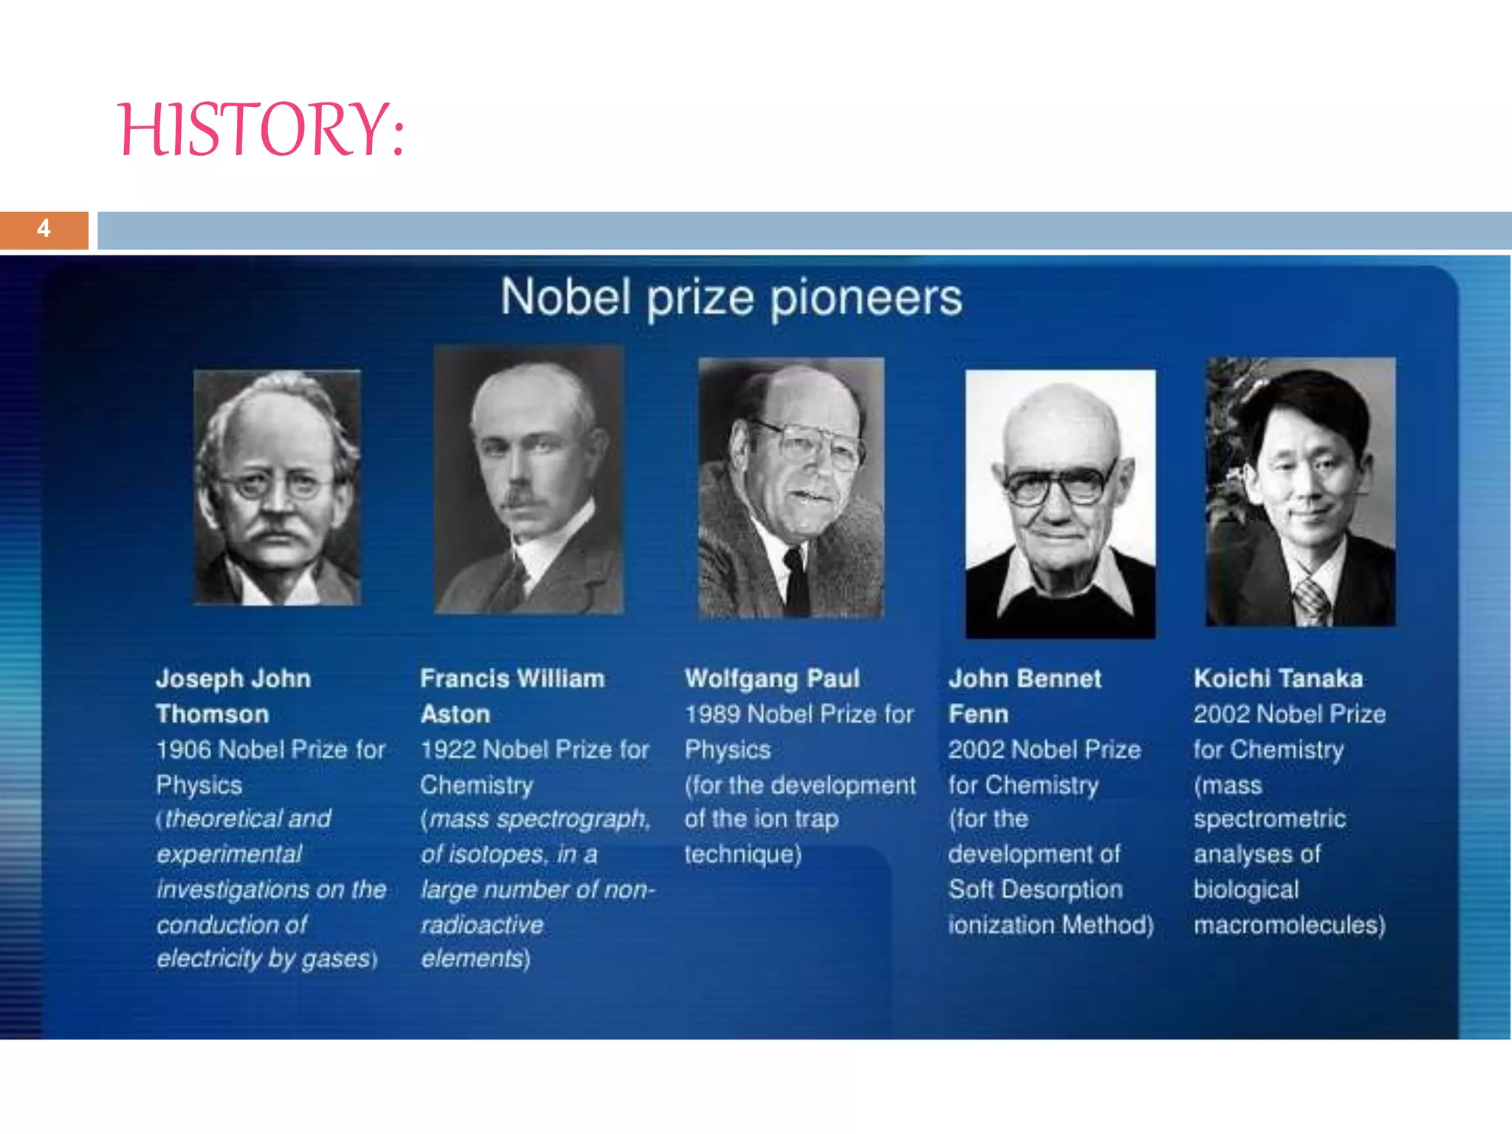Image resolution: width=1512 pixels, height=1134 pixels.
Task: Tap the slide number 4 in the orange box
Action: point(44,229)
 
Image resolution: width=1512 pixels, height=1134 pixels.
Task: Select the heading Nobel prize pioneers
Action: point(731,298)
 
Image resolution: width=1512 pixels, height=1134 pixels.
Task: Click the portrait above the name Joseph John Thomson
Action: point(277,487)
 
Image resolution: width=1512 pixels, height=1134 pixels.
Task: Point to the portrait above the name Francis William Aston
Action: point(529,480)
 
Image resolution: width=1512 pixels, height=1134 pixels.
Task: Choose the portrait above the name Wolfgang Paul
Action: point(791,487)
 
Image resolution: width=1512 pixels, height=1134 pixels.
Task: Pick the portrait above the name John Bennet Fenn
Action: point(1060,504)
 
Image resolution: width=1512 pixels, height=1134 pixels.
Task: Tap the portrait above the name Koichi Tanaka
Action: point(1300,492)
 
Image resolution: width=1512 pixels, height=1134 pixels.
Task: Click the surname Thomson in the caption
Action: point(213,714)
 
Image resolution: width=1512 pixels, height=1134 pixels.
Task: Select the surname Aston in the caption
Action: point(456,714)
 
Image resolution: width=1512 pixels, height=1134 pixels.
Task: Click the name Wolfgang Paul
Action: point(772,678)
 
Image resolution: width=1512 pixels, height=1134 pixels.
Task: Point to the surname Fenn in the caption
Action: point(978,714)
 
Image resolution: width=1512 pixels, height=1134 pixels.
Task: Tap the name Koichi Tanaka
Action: point(1278,678)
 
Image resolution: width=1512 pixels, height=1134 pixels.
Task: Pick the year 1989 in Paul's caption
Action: point(712,714)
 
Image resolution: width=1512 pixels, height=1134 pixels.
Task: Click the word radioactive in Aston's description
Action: point(482,924)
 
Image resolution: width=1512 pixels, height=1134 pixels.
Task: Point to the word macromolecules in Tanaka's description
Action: point(1288,924)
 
